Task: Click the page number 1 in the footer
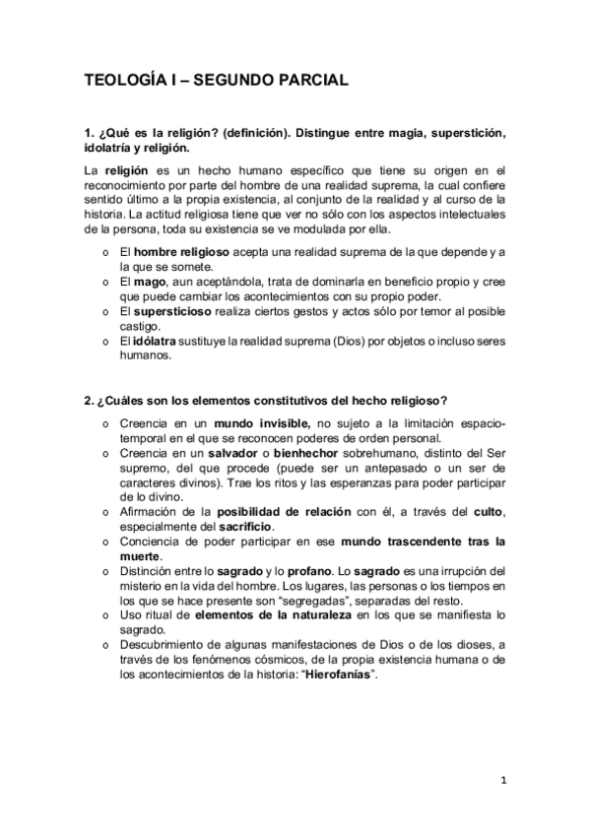click(x=502, y=780)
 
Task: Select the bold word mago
click(x=150, y=283)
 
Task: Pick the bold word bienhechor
click(x=306, y=451)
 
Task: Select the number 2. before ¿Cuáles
click(x=88, y=399)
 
